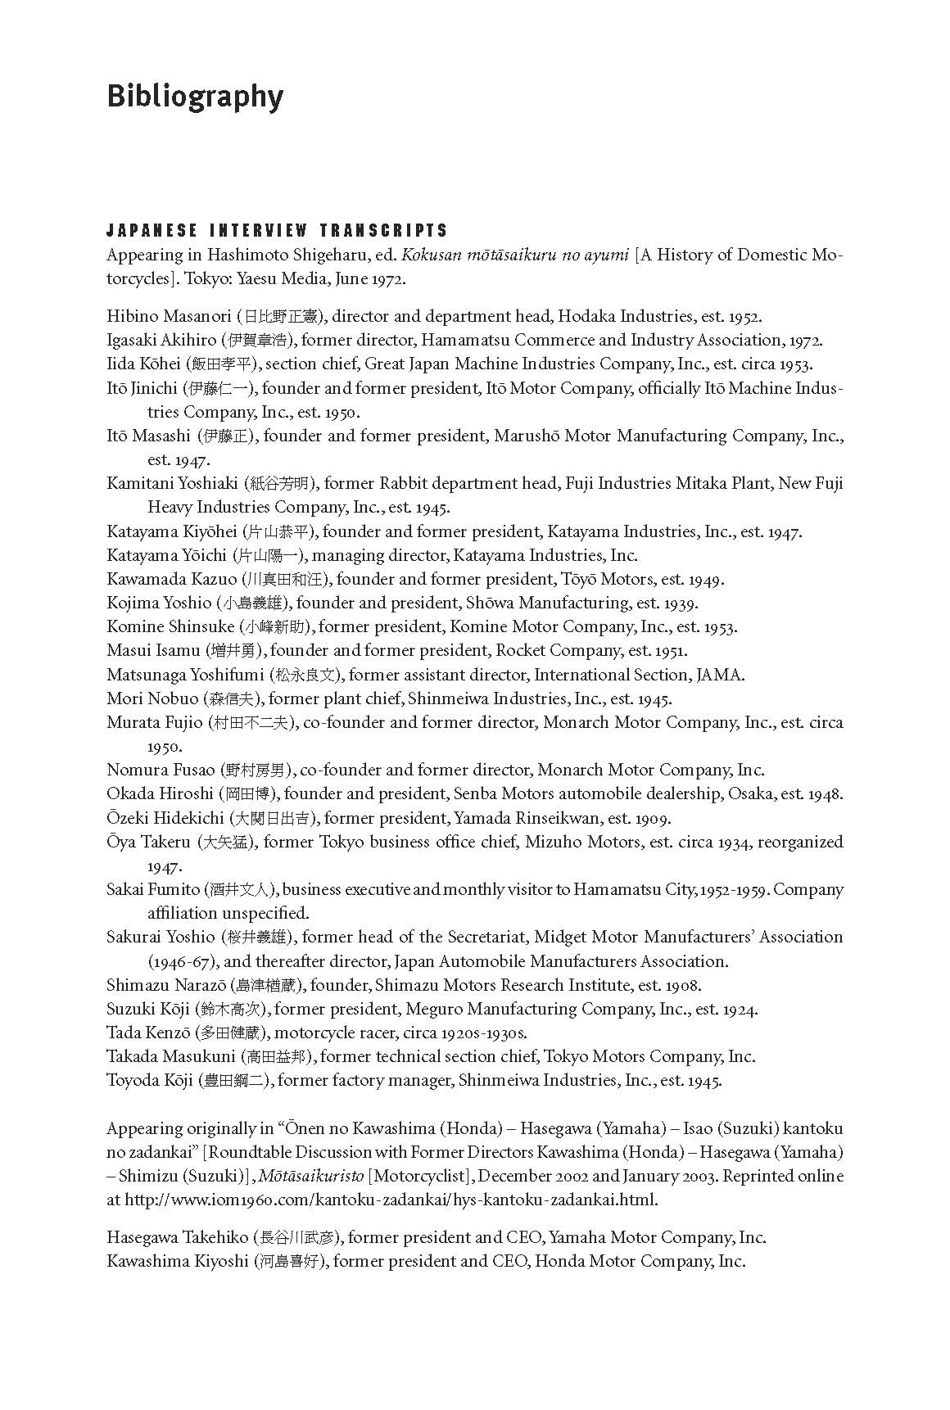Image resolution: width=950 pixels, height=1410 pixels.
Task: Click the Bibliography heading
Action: point(195,97)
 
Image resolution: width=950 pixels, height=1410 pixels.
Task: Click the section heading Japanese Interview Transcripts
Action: point(277,230)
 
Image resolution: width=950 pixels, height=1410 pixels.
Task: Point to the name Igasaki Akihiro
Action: point(161,340)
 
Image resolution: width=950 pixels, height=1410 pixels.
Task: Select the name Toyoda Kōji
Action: point(150,1080)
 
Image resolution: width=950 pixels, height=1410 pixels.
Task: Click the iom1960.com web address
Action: point(391,1200)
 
